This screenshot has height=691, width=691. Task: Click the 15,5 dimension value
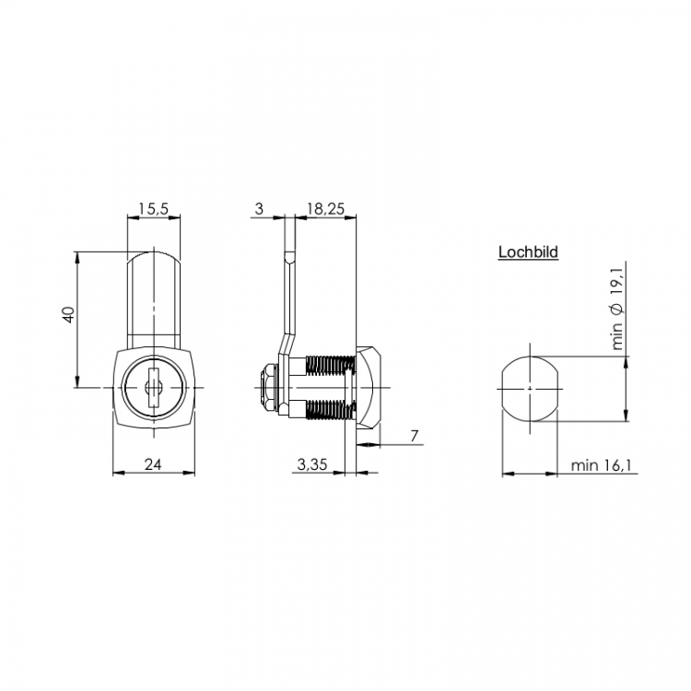(153, 208)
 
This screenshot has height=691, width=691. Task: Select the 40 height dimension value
(69, 315)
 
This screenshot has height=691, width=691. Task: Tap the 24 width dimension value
(153, 464)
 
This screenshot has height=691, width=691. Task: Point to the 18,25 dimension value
(325, 208)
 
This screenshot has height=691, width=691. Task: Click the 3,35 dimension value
(312, 464)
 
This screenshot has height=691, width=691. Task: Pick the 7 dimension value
(414, 436)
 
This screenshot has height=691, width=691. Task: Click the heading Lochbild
(529, 252)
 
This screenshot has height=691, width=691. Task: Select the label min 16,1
(601, 465)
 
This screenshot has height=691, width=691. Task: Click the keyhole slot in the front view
(153, 387)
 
